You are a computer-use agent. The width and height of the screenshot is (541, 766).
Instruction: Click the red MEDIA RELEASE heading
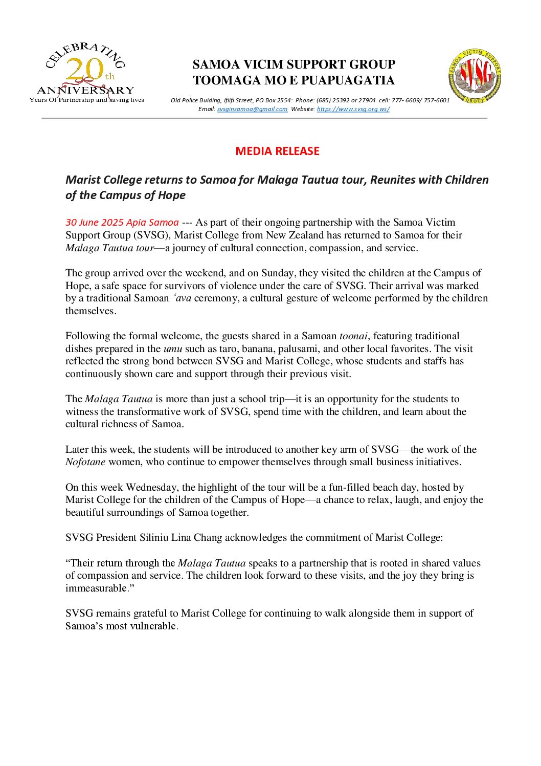[x=277, y=151]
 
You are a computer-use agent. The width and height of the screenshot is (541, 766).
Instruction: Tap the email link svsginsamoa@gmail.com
[x=252, y=109]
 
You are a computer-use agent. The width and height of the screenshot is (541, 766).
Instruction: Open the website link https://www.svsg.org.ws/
[x=353, y=109]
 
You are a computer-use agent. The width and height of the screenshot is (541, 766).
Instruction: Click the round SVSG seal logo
[x=475, y=76]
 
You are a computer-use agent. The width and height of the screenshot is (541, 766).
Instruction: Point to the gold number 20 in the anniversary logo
[x=84, y=70]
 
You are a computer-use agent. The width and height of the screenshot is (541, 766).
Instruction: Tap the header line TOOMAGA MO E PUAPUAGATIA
[x=294, y=80]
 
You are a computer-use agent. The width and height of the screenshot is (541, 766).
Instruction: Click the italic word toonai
[x=353, y=336]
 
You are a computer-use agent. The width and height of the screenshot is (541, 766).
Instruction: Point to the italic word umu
[x=173, y=349]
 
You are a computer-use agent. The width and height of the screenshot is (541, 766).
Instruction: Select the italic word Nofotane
[x=85, y=462]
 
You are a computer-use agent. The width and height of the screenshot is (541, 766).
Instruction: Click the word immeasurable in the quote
[x=96, y=588]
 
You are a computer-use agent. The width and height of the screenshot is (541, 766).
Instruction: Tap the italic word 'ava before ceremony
[x=183, y=298]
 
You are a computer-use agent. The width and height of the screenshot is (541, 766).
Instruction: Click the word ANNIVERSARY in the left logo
[x=85, y=91]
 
